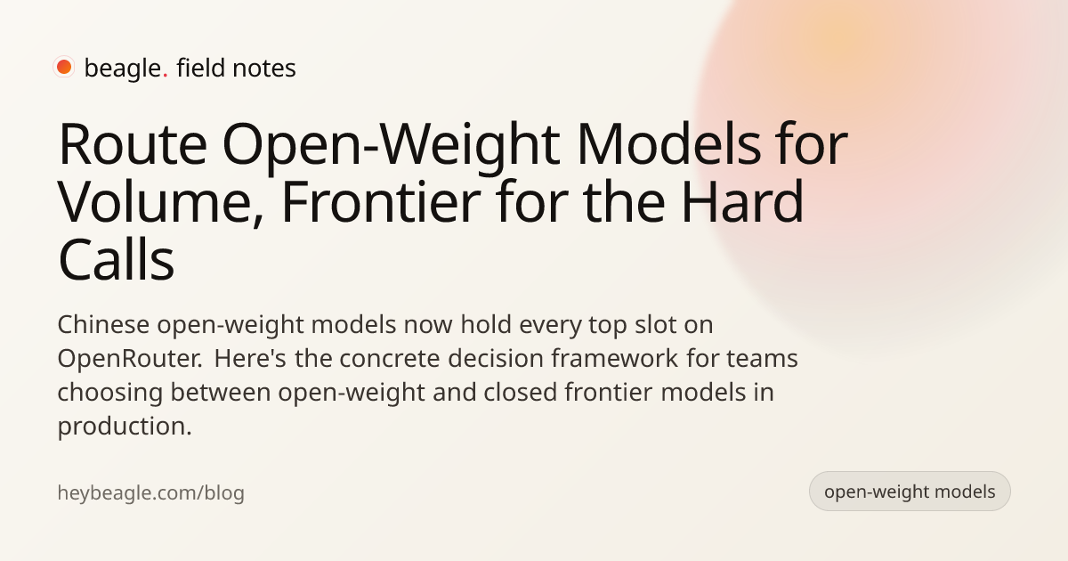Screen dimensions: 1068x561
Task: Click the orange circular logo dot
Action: (64, 67)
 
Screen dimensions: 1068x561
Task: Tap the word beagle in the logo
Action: (123, 69)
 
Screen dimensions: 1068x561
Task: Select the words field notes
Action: (236, 68)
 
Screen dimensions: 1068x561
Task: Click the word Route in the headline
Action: (133, 145)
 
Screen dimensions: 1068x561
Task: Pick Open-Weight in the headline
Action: (391, 147)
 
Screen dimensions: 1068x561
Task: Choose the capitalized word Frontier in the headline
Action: (381, 201)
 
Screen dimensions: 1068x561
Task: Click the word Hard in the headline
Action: (743, 201)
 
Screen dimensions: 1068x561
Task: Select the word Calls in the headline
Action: (117, 260)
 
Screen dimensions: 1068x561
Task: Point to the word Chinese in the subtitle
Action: (103, 324)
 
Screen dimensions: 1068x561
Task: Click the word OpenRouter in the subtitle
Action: (131, 358)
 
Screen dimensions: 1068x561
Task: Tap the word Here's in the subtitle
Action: (250, 358)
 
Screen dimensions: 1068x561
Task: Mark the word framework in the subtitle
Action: (615, 358)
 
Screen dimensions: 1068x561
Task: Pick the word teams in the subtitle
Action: (762, 359)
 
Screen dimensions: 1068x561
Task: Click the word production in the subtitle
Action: (125, 427)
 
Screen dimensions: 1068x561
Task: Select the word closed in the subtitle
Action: (520, 392)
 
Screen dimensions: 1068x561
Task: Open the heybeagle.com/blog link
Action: (150, 492)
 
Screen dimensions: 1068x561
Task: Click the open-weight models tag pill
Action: (910, 492)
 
